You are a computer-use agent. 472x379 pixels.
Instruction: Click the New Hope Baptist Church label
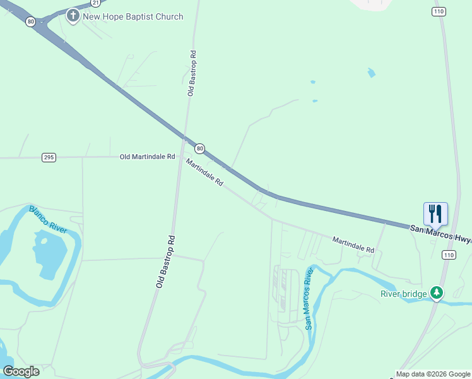(133, 16)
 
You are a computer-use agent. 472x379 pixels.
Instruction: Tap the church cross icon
(73, 15)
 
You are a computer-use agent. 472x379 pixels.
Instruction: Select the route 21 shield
(95, 3)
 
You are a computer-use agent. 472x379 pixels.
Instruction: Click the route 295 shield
(49, 157)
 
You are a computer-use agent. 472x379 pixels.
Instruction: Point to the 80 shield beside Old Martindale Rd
(199, 148)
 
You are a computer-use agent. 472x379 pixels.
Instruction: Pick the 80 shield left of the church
(31, 21)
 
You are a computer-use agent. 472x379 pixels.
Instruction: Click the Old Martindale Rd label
(147, 156)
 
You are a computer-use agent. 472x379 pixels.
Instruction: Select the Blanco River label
(48, 219)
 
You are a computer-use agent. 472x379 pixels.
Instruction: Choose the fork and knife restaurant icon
(435, 214)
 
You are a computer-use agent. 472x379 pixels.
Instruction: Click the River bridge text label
(403, 293)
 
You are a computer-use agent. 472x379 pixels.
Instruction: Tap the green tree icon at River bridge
(436, 292)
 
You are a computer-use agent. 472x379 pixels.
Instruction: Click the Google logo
(21, 371)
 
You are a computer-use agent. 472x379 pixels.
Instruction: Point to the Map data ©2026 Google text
(433, 374)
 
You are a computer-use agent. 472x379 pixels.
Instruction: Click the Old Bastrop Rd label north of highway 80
(191, 73)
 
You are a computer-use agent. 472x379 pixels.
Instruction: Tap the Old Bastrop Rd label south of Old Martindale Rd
(165, 262)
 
